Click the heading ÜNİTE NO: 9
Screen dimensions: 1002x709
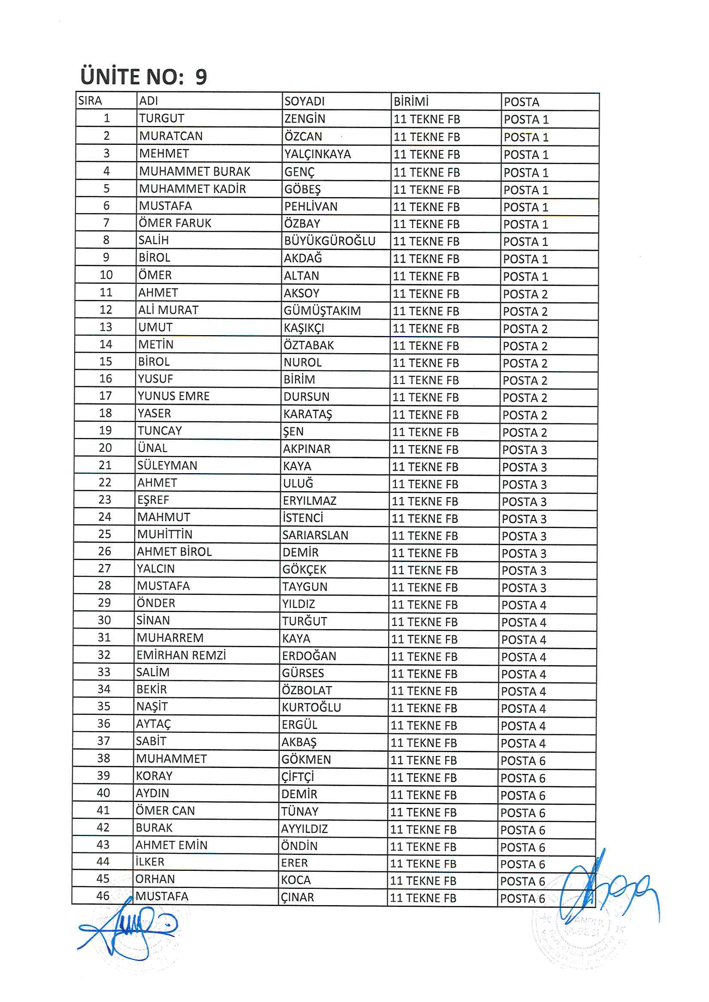143,77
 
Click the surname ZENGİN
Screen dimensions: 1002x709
305,119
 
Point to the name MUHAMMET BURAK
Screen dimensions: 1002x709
194,171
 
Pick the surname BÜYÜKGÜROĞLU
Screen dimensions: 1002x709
329,241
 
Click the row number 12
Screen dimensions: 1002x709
106,310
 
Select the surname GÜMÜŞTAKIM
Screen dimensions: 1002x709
322,311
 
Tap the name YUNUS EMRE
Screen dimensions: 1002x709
173,396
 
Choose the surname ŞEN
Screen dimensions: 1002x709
293,432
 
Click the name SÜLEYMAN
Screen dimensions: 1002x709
167,466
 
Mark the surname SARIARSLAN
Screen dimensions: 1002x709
315,535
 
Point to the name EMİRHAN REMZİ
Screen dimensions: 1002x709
181,655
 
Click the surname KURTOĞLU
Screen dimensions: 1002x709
311,708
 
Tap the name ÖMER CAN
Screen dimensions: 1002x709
165,810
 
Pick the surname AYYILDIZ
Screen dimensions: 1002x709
304,829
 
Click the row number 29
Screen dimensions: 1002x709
104,603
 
